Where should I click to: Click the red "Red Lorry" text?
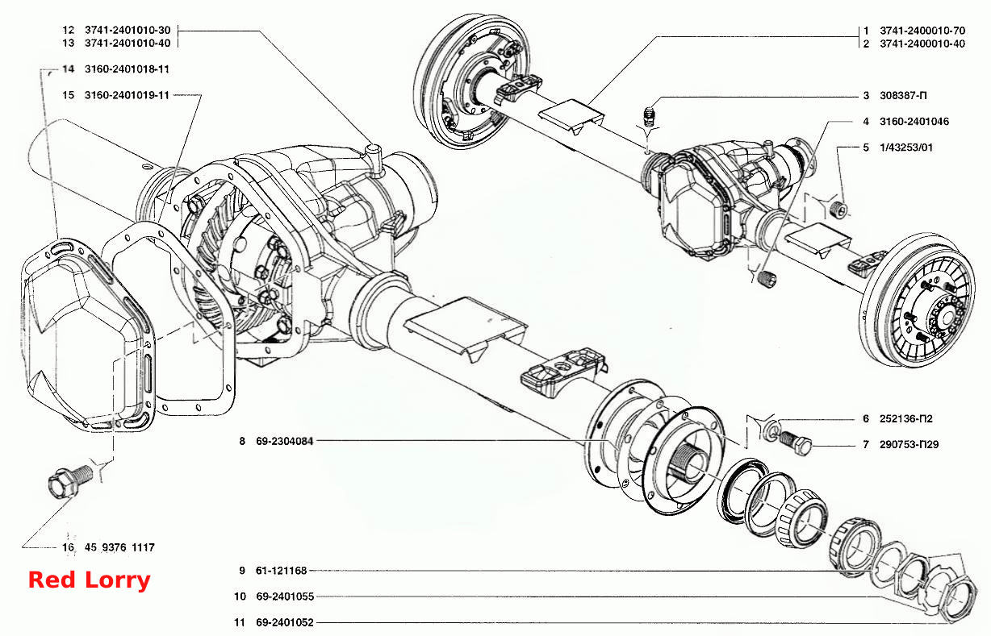point(90,580)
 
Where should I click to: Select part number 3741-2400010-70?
point(922,31)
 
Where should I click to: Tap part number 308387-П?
point(903,95)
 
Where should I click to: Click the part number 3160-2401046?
point(914,122)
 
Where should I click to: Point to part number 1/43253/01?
point(906,148)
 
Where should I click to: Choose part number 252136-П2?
point(905,418)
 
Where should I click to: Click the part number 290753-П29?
point(909,444)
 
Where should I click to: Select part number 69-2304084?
point(285,441)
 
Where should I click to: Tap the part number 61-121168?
point(281,571)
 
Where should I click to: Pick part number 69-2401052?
point(285,622)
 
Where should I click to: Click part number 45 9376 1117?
point(119,547)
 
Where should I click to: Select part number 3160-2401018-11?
point(127,69)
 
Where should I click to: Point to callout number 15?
point(68,95)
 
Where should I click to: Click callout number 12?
point(68,30)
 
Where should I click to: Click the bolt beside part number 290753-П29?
point(795,443)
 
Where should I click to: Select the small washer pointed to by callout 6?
point(772,430)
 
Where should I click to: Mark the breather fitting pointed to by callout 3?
point(650,116)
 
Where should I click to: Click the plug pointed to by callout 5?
point(838,210)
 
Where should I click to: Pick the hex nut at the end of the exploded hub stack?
point(956,602)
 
